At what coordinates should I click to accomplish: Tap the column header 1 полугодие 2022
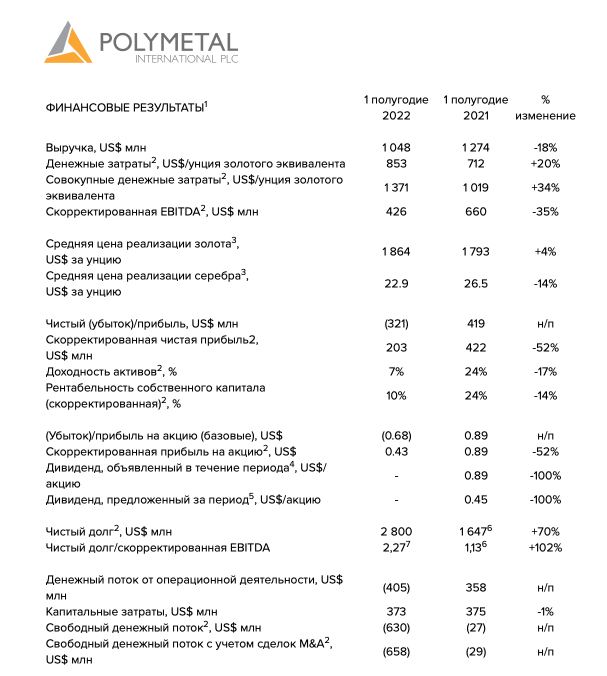coord(396,108)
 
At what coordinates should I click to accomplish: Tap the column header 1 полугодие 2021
coord(475,108)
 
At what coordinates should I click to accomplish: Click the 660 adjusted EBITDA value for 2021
coord(475,212)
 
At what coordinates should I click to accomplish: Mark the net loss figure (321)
coord(396,324)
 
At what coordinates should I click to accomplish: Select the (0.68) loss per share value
coord(396,436)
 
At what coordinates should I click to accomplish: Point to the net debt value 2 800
coord(396,531)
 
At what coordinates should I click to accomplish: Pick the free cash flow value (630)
coord(396,627)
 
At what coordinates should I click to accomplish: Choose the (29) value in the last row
coord(475,651)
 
